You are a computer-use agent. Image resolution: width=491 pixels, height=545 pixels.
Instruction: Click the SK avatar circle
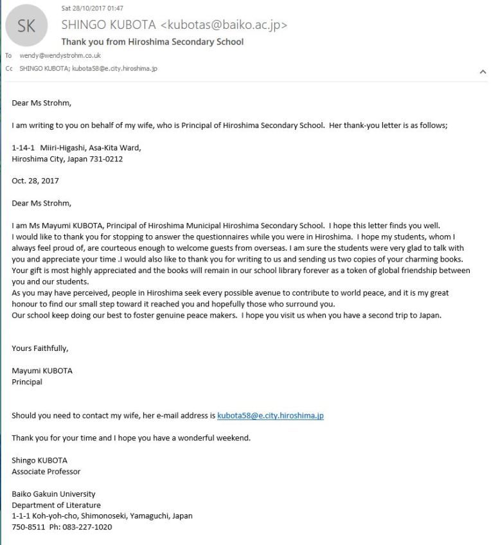(x=27, y=26)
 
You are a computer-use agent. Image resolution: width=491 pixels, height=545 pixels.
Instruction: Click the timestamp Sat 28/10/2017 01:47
(x=92, y=8)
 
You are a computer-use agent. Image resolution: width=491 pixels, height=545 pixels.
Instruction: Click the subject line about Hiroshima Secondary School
(x=152, y=42)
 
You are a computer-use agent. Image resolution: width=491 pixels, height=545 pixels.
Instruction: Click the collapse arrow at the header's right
(x=483, y=73)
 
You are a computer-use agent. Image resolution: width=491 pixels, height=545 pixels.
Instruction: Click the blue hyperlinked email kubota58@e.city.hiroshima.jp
(x=270, y=416)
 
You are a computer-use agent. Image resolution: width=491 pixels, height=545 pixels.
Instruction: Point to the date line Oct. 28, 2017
(x=35, y=181)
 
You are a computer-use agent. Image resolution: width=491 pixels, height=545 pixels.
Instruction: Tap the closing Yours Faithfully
(x=40, y=349)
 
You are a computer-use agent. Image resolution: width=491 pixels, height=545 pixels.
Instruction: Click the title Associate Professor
(x=46, y=471)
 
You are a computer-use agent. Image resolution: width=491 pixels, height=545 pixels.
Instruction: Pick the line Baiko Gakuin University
(x=53, y=494)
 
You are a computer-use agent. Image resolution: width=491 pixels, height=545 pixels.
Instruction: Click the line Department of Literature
(x=56, y=505)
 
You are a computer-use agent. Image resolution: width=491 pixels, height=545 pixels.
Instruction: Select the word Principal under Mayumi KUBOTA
(x=27, y=382)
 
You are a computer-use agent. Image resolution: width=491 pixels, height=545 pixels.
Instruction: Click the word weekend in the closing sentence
(x=233, y=438)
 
